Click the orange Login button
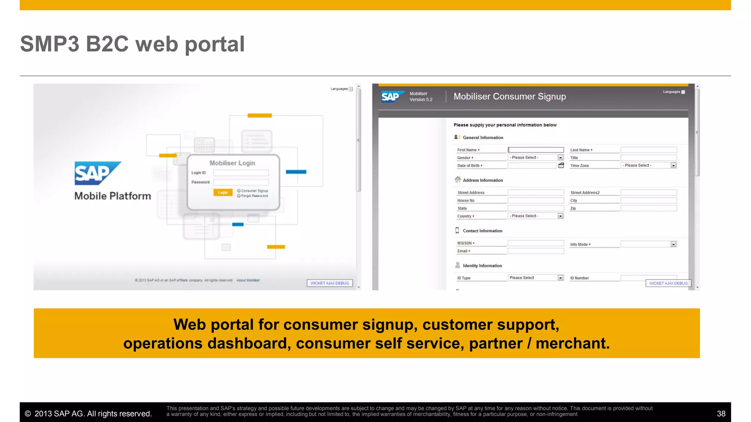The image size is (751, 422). click(223, 192)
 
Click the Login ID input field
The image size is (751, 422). click(241, 173)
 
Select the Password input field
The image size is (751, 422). click(241, 182)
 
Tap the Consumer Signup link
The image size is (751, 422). click(254, 191)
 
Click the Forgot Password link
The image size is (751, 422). click(254, 196)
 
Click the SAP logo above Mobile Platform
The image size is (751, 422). click(97, 173)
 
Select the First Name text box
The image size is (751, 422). click(536, 150)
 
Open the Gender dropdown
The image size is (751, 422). click(536, 158)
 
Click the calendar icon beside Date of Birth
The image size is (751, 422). click(561, 166)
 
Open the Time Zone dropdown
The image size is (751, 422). click(649, 166)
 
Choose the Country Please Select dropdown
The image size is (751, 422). click(536, 216)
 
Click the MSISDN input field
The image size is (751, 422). click(536, 243)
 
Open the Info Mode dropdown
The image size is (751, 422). click(649, 244)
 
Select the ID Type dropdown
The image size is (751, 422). click(536, 278)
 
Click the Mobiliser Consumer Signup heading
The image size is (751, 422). click(510, 96)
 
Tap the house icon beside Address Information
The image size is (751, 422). click(458, 179)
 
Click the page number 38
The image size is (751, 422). click(721, 414)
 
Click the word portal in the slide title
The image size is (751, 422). click(215, 44)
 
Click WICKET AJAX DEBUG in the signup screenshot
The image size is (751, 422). click(668, 283)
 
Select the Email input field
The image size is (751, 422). click(536, 251)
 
